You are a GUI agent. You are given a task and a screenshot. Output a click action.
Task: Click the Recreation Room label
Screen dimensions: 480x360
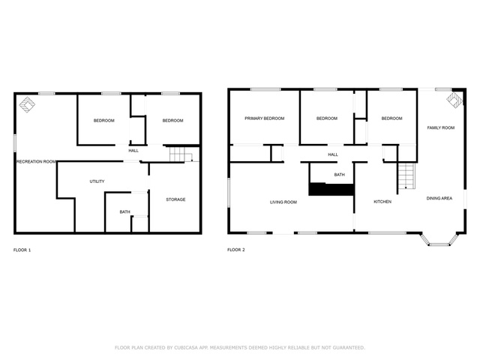(36, 162)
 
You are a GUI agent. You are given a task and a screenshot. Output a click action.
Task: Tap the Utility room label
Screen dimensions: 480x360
(97, 181)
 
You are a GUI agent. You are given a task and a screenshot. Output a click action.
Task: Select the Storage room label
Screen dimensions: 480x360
(175, 199)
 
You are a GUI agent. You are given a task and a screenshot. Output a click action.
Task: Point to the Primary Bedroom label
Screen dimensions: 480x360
(265, 118)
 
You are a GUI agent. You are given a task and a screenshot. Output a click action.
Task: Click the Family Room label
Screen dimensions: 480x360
(441, 128)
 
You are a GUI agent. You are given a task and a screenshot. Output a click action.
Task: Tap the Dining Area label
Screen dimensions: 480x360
(439, 198)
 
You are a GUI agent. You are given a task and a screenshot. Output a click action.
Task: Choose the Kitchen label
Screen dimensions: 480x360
(382, 202)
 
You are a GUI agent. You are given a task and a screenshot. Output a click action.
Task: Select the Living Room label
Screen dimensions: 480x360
(283, 202)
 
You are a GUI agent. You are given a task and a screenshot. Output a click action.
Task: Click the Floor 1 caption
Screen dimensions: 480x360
(22, 250)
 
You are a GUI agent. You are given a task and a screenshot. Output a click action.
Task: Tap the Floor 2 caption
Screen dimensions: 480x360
(236, 250)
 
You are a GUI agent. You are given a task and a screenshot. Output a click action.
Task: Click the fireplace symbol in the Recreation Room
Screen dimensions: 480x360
(27, 105)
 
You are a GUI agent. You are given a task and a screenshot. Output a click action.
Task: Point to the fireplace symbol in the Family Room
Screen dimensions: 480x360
(454, 100)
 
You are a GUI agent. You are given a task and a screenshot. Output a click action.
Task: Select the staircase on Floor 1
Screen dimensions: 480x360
(180, 154)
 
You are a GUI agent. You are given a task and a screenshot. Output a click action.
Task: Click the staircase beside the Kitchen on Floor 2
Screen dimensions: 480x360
(406, 176)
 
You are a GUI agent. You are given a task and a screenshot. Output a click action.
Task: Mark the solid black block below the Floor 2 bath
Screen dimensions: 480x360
(331, 190)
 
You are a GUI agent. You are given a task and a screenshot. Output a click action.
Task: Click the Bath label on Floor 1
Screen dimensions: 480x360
(125, 211)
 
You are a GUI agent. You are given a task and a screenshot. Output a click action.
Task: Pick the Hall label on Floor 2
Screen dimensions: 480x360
(333, 155)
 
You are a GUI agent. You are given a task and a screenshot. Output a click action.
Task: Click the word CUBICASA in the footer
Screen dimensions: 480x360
(186, 348)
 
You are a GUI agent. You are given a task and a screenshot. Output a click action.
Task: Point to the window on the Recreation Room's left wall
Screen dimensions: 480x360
(14, 142)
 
